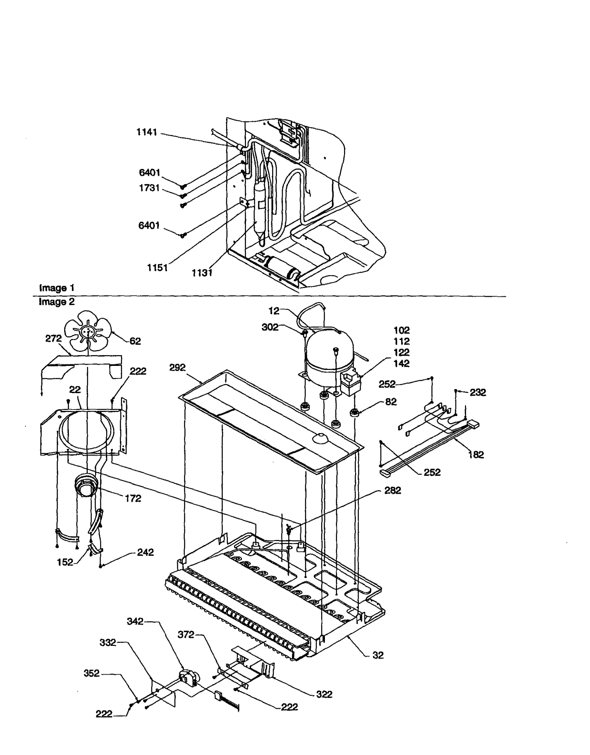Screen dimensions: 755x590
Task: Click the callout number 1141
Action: (x=147, y=132)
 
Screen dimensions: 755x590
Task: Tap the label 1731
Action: (x=149, y=188)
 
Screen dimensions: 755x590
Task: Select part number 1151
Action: (x=157, y=268)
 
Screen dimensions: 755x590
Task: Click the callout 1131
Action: (x=202, y=273)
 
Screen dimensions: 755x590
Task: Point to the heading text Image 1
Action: (x=56, y=288)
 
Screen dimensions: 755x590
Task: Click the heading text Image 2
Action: (x=56, y=302)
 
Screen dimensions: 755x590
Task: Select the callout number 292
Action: (x=177, y=367)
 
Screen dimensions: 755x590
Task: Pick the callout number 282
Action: (x=392, y=490)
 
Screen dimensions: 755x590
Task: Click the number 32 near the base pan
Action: (x=378, y=655)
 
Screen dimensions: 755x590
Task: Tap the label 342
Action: (x=135, y=621)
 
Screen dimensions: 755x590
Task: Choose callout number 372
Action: (x=185, y=634)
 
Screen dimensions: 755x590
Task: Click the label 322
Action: (x=324, y=694)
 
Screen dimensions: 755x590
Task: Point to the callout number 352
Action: (x=91, y=673)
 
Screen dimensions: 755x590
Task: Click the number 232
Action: (x=478, y=392)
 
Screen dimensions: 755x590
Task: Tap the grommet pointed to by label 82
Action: (x=355, y=412)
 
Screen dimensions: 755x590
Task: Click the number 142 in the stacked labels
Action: (x=401, y=363)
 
